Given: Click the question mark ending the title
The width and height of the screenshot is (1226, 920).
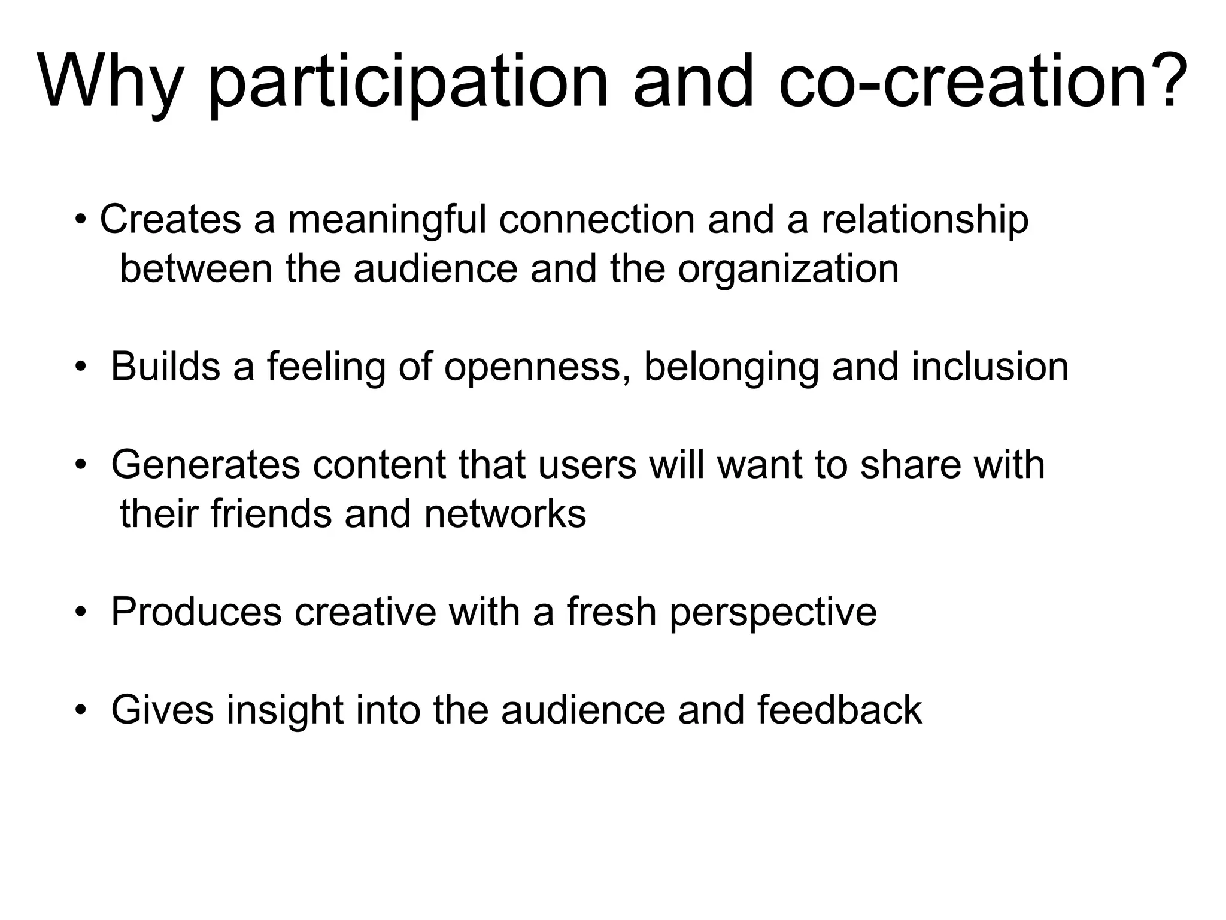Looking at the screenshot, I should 1164,81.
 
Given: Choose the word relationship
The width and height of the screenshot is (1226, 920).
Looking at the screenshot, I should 925,220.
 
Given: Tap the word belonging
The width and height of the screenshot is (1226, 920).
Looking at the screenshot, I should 731,367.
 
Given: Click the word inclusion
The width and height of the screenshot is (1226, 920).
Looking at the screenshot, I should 990,367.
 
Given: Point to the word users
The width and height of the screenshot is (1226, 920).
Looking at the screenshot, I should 587,465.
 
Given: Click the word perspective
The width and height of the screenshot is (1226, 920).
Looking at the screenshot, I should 773,612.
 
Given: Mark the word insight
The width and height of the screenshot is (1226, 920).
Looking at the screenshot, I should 284,710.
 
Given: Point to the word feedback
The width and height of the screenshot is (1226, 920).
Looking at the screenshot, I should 839,710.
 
